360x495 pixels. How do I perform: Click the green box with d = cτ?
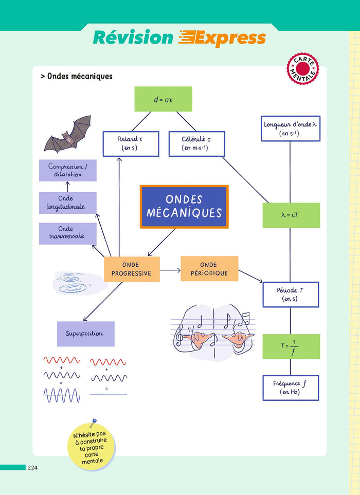tap(163, 99)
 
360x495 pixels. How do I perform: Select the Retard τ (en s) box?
tap(123, 144)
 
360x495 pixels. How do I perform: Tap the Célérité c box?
tap(196, 144)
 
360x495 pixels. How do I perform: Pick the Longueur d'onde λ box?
tap(290, 129)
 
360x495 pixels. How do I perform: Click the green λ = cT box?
tap(291, 215)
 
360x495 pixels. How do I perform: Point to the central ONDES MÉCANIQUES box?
tap(184, 207)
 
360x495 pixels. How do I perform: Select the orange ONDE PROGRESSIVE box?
tap(132, 269)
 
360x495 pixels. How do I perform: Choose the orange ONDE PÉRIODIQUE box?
tap(209, 269)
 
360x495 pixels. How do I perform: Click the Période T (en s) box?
tap(290, 295)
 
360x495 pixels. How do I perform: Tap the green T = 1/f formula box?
tap(291, 346)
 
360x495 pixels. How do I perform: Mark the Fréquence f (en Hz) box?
tap(290, 388)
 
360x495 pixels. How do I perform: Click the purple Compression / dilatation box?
tap(67, 170)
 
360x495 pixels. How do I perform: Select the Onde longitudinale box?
tap(67, 203)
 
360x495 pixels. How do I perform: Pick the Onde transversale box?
tap(67, 233)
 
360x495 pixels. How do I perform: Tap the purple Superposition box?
tap(85, 334)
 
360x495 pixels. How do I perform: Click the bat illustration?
tap(68, 134)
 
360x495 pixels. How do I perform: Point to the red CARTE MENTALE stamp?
tap(302, 68)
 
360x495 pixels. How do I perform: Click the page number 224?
tap(32, 468)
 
